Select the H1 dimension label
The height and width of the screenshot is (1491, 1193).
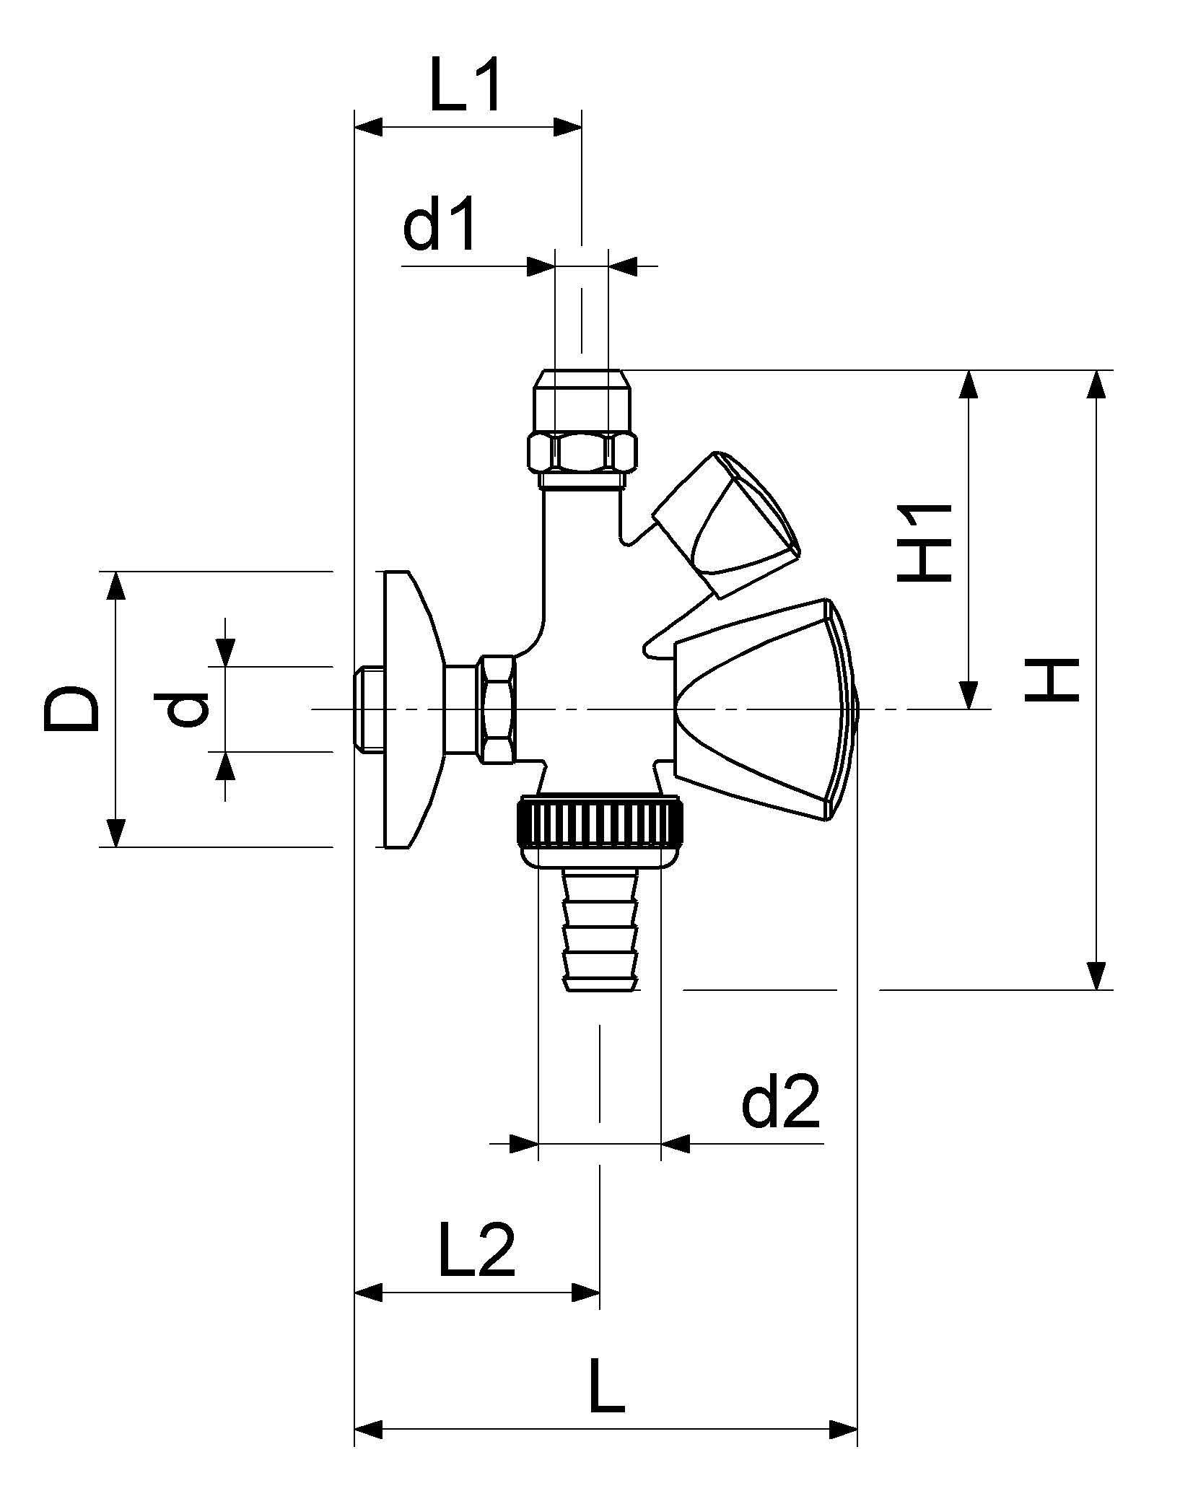[x=924, y=543]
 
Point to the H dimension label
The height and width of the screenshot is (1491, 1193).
[x=1052, y=680]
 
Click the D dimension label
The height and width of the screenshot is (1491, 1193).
[x=71, y=709]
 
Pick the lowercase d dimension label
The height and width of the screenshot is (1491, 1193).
[x=187, y=709]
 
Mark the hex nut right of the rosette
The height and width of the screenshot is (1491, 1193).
[x=498, y=709]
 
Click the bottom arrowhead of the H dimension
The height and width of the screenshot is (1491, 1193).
[x=1096, y=975]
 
